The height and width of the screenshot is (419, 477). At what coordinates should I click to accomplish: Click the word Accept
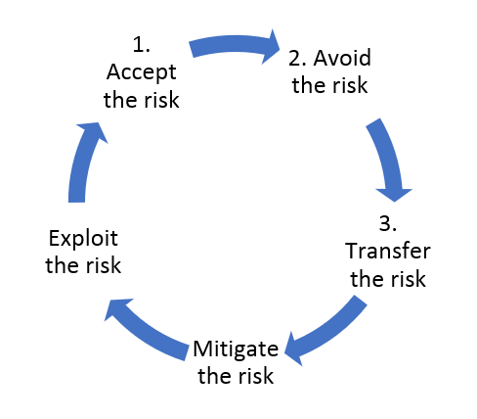click(x=142, y=72)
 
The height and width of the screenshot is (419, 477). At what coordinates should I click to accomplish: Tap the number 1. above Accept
click(x=142, y=44)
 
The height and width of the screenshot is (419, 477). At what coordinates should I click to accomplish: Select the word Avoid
click(x=342, y=58)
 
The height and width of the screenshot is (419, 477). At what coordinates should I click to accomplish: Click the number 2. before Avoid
click(x=297, y=58)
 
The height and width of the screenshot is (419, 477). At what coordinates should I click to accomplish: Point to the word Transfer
click(x=388, y=251)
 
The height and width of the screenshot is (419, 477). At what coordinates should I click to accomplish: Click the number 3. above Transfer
click(x=388, y=224)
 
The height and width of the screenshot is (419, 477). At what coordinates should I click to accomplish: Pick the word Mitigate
click(x=236, y=349)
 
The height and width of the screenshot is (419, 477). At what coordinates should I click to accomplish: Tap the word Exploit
click(x=83, y=239)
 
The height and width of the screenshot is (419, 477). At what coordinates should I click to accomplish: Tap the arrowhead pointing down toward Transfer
click(x=394, y=195)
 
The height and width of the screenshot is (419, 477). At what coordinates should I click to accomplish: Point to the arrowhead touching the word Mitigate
click(x=293, y=350)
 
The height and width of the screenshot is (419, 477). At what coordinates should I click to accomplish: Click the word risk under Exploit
click(x=105, y=265)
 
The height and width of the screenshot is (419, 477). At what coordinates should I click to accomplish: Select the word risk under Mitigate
click(x=256, y=375)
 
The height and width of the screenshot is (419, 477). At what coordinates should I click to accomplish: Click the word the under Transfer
click(x=368, y=279)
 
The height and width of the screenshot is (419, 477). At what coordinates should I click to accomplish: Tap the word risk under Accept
click(x=162, y=100)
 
